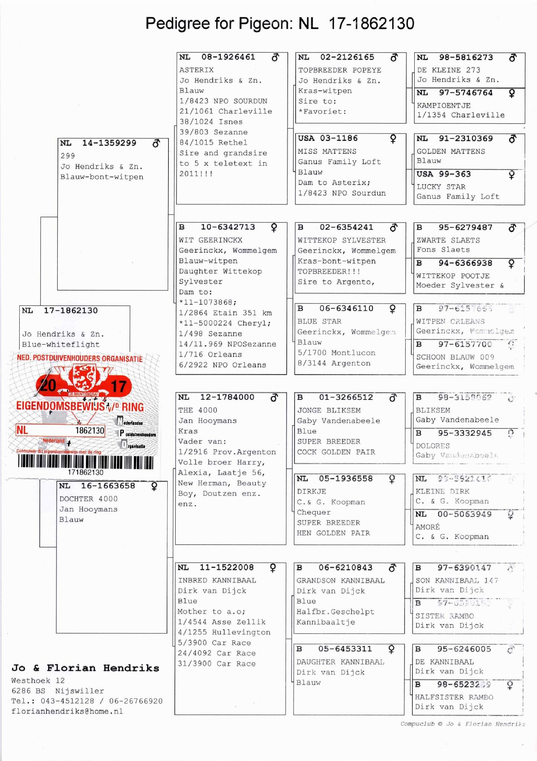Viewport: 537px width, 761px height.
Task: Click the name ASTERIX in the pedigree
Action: (x=196, y=70)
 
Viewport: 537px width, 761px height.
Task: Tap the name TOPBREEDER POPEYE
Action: (x=340, y=70)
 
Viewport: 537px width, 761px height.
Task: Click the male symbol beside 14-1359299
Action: (x=156, y=143)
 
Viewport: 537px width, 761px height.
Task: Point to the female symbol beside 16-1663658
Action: (x=154, y=487)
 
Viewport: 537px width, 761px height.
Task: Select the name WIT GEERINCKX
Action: (x=210, y=240)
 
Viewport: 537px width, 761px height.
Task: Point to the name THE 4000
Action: (x=197, y=410)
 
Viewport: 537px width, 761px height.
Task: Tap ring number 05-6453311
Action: (x=345, y=649)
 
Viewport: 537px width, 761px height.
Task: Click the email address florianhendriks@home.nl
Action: (x=67, y=712)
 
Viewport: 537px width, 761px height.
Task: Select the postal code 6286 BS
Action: (x=28, y=691)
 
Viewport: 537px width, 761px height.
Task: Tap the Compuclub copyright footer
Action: (x=463, y=724)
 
